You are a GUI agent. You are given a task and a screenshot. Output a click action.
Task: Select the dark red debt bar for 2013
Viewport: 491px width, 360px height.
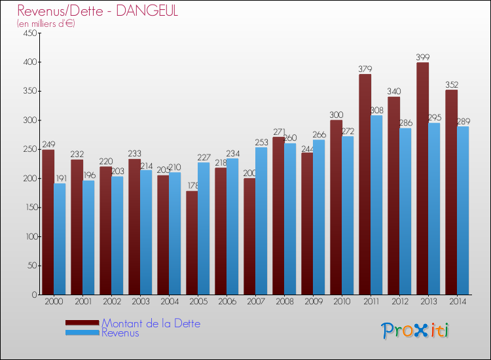(422, 178)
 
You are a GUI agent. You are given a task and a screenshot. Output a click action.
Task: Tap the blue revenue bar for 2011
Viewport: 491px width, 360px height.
(376, 205)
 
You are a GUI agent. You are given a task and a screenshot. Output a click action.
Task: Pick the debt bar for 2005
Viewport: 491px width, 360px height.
(192, 243)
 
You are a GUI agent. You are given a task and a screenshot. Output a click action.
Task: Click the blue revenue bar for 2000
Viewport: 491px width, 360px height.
(60, 239)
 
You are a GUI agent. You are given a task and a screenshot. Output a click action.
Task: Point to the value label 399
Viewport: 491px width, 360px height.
(423, 58)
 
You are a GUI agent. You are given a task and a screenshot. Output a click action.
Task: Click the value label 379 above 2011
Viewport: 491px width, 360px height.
(365, 69)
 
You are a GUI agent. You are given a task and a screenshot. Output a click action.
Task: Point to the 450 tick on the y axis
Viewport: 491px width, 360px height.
(29, 33)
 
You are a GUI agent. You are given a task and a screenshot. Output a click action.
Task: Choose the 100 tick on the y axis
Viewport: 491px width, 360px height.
(29, 236)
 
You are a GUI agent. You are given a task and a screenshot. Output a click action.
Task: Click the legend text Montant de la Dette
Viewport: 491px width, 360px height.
(151, 323)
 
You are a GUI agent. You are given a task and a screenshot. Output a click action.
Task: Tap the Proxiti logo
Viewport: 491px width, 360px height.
(415, 331)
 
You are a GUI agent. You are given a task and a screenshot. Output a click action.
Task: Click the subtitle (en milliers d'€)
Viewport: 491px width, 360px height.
(46, 24)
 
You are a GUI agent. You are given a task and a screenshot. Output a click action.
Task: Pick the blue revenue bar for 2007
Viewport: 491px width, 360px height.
(261, 221)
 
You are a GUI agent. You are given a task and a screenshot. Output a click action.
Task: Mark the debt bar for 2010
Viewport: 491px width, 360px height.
(336, 207)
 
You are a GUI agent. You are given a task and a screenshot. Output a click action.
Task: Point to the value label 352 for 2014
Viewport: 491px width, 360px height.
(452, 85)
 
